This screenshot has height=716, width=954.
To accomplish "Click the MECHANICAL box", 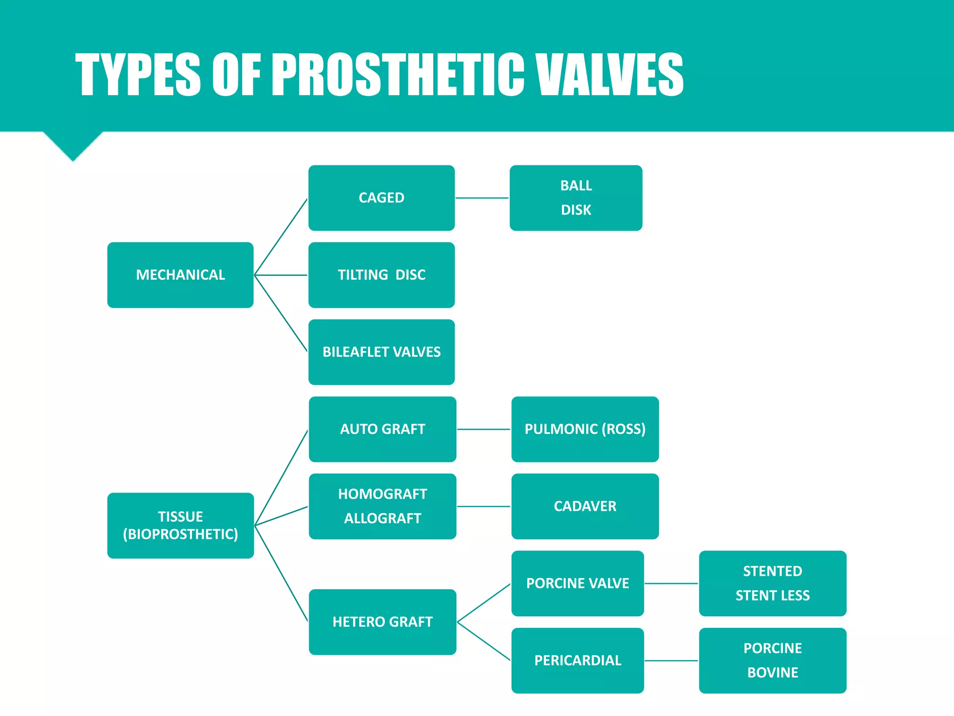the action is click(x=180, y=275).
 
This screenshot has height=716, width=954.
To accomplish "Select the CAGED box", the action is click(x=382, y=198).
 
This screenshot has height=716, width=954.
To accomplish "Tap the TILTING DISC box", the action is click(x=382, y=275).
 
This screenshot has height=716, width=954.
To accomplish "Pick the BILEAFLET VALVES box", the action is click(x=382, y=352).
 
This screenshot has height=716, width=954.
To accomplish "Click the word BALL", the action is click(x=576, y=186).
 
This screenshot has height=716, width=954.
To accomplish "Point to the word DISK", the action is click(x=576, y=210).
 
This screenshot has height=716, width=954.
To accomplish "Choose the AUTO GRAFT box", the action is click(x=382, y=429).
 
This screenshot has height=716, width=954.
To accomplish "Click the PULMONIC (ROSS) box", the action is click(x=585, y=429).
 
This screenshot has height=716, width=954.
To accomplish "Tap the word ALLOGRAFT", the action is click(x=382, y=518).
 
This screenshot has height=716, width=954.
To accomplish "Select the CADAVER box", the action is click(x=585, y=506).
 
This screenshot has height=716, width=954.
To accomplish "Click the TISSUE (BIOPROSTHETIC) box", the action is click(x=180, y=525).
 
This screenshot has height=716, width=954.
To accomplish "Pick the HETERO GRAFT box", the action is click(x=382, y=622).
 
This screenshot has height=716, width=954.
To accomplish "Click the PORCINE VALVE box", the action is click(x=578, y=583).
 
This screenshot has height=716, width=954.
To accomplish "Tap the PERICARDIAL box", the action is click(x=578, y=661).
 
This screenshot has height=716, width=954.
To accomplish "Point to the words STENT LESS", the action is click(x=773, y=595).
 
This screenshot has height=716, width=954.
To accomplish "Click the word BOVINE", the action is click(x=773, y=673).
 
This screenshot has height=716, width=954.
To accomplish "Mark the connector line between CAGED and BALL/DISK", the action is click(x=482, y=198).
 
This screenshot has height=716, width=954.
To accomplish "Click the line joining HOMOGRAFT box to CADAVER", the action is click(x=484, y=506).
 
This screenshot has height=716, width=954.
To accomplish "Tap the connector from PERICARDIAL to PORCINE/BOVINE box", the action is click(x=671, y=661).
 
